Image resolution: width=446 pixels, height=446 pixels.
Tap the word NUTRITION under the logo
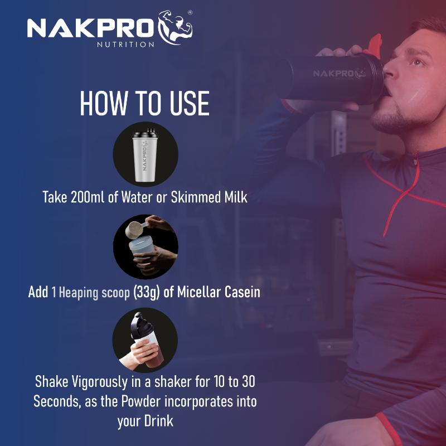point(126,44)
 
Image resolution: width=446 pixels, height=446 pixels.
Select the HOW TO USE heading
point(145,103)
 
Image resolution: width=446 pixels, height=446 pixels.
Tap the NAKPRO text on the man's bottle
point(334,73)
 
